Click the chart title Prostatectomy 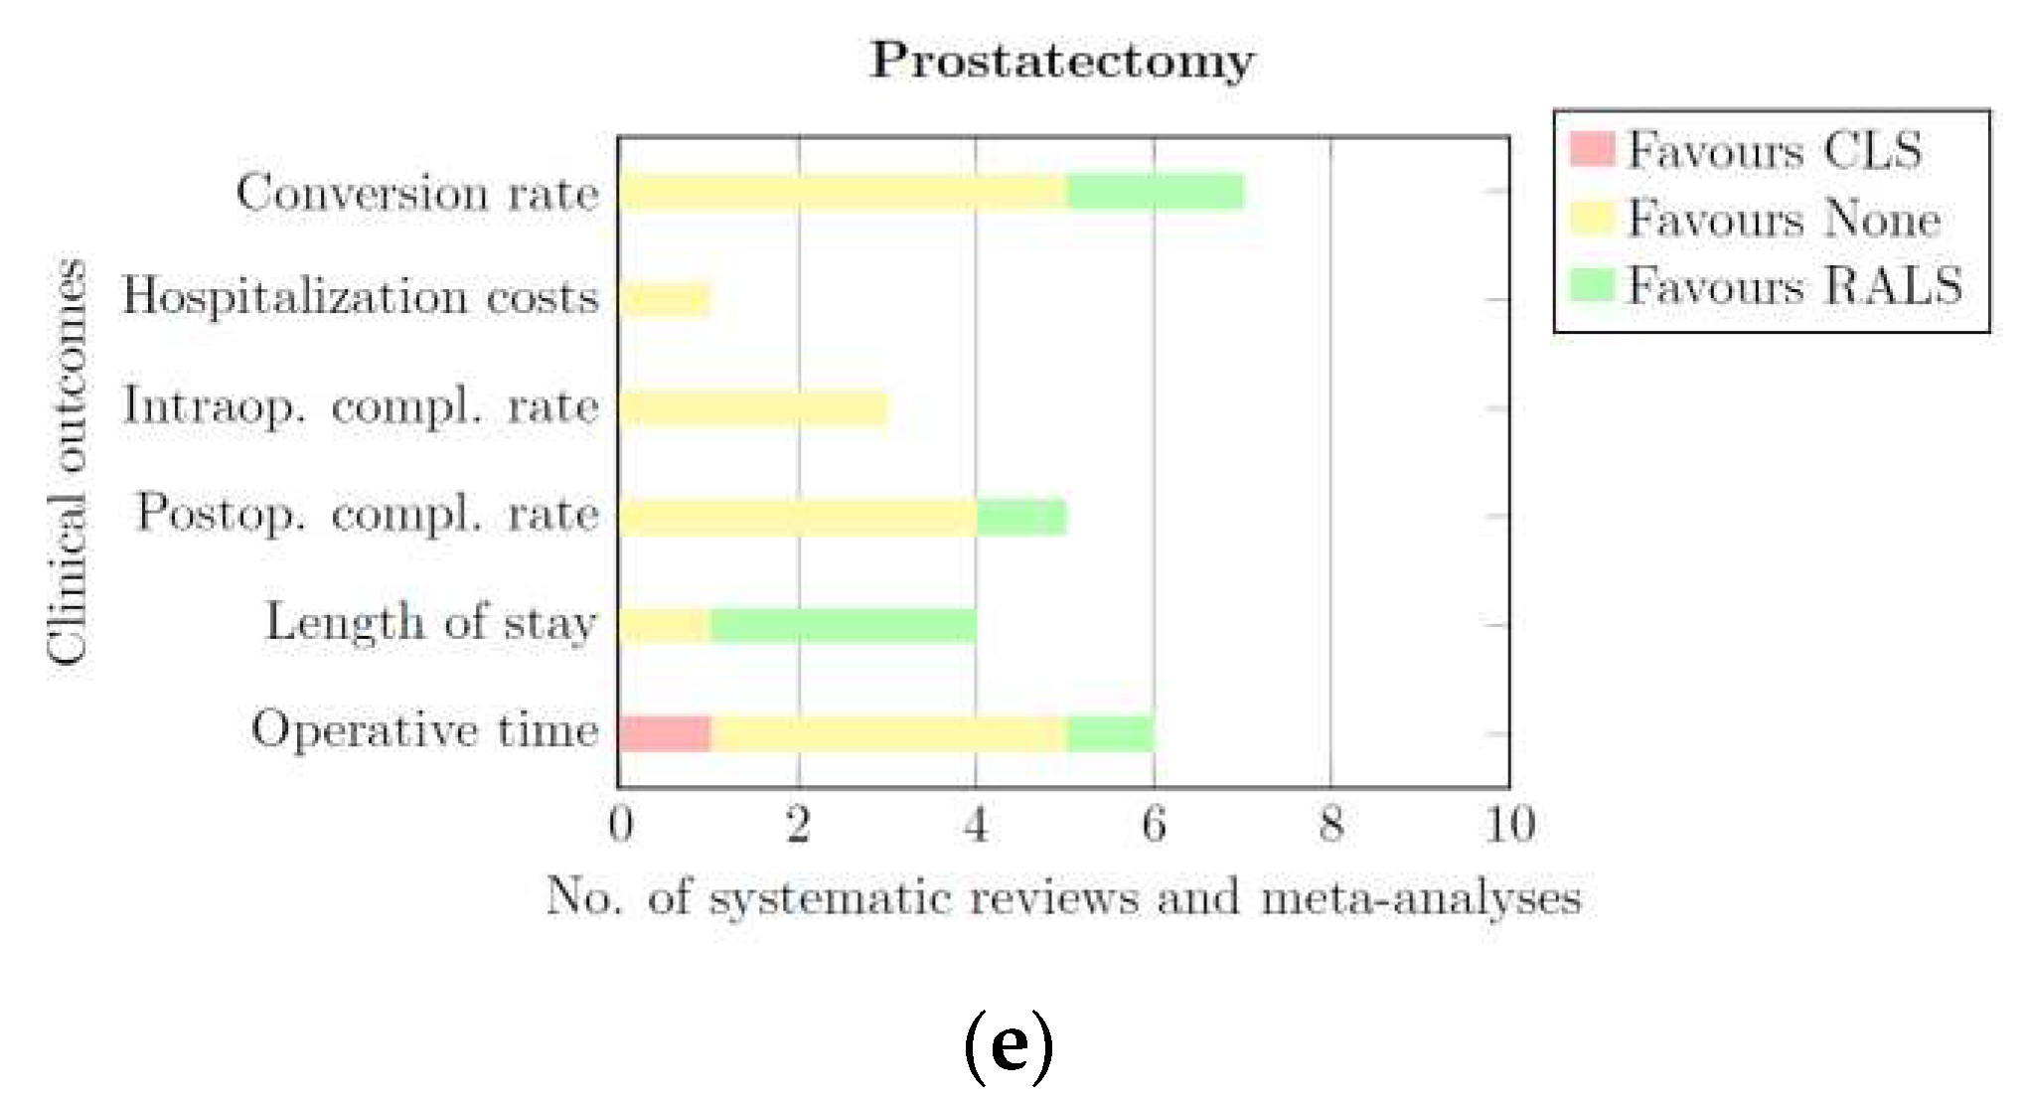(1061, 62)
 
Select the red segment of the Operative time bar (665, 733)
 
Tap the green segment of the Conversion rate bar (1155, 192)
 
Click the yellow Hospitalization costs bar (665, 299)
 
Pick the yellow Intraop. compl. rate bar (752, 407)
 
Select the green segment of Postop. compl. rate (1021, 517)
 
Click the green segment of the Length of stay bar (843, 625)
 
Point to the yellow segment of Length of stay (665, 625)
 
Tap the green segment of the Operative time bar (1110, 733)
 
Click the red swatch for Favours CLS (1591, 149)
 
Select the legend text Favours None (1784, 218)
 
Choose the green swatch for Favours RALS (1591, 285)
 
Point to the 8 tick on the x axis (1331, 825)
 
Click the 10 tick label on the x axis (1509, 825)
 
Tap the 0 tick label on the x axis (621, 825)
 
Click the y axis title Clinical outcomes (68, 461)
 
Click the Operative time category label (425, 730)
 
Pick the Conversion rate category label (417, 192)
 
